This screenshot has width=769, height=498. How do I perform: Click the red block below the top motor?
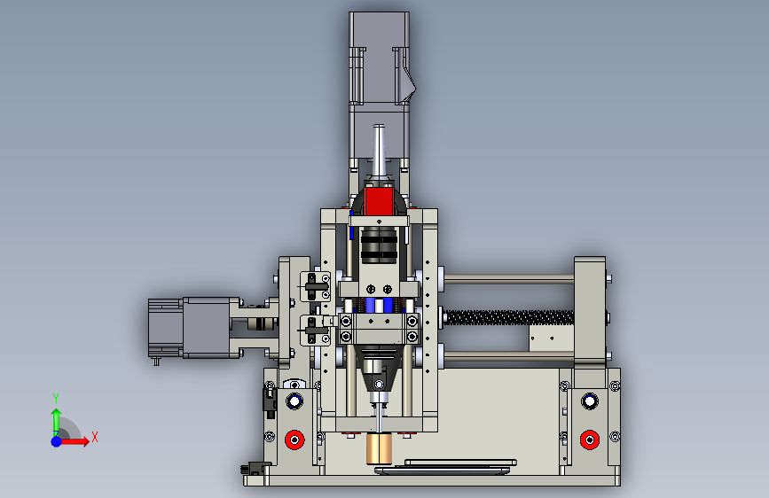click(379, 201)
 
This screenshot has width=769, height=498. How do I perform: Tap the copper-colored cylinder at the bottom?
click(379, 448)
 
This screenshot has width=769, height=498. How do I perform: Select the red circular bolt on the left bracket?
click(294, 440)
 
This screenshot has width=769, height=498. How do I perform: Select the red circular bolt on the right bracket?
click(590, 440)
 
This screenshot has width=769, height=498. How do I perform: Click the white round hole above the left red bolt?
click(294, 401)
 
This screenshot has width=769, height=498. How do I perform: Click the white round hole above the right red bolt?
click(590, 401)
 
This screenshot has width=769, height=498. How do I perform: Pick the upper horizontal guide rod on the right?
click(509, 279)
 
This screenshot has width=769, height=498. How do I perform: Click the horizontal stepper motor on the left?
click(189, 328)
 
